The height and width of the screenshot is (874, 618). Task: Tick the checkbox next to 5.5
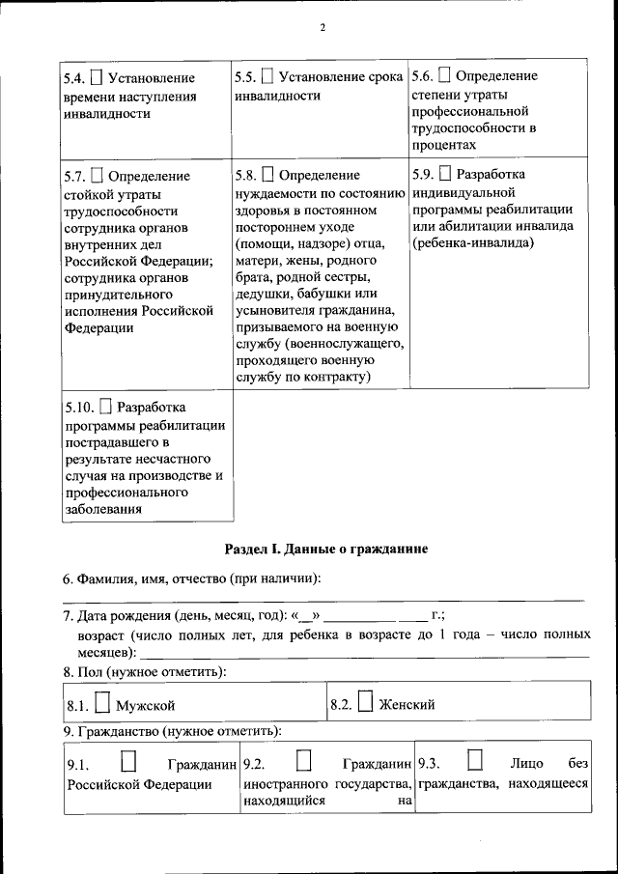pyautogui.click(x=267, y=76)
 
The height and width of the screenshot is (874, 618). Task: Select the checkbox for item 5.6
pyautogui.click(x=444, y=75)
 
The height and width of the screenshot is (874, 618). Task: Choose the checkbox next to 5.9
pyautogui.click(x=444, y=175)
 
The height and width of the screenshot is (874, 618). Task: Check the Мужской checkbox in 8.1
pyautogui.click(x=101, y=705)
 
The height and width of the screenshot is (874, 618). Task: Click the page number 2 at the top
pyautogui.click(x=323, y=27)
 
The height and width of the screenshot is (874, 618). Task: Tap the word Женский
pyautogui.click(x=407, y=705)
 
